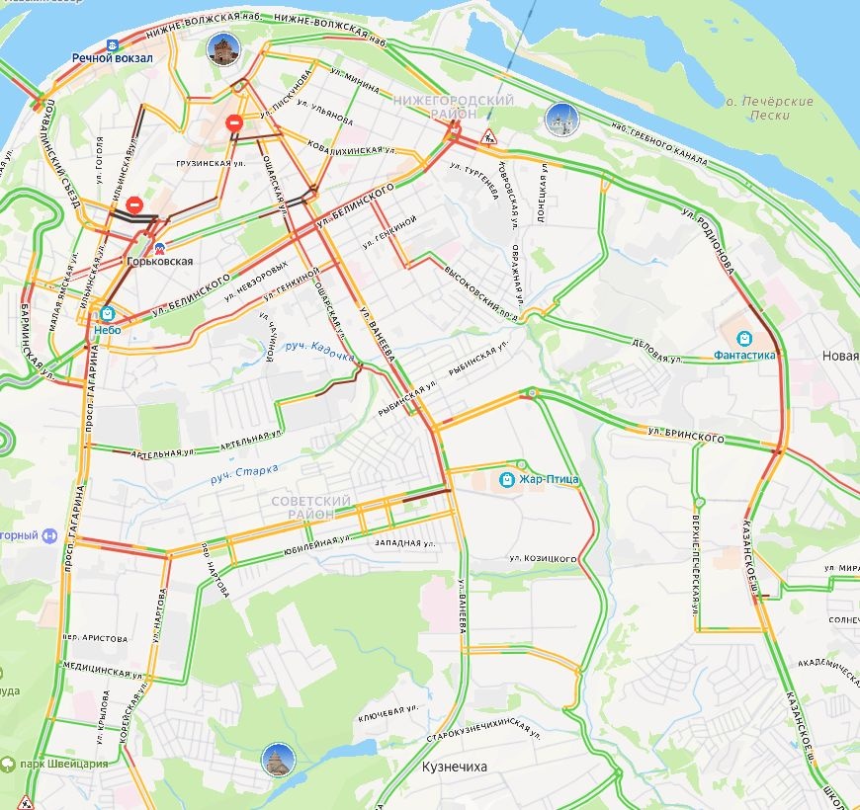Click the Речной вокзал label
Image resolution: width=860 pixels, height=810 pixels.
(113, 58)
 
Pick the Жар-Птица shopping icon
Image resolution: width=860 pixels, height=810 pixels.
(507, 479)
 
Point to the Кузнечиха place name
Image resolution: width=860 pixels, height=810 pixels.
(455, 766)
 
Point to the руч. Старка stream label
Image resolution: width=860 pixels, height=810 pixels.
(244, 473)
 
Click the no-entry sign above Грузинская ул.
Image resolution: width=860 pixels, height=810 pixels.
(234, 123)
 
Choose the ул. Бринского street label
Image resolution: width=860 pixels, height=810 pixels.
(686, 435)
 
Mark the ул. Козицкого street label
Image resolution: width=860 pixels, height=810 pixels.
(543, 558)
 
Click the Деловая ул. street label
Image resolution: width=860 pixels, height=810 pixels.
(657, 347)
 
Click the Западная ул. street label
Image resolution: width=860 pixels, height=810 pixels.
(405, 542)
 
